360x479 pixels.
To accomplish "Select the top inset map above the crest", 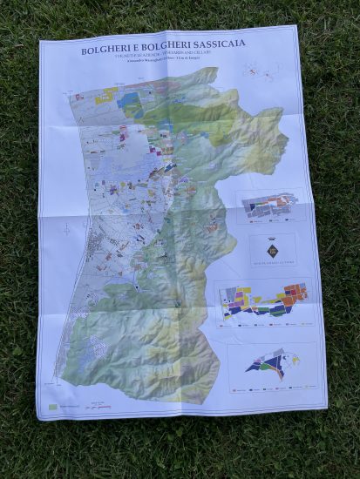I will coord(269,206).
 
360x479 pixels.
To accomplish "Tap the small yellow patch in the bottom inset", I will coord(293,358).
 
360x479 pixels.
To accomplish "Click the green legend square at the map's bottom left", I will coord(55,407).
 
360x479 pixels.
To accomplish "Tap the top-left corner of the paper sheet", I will coord(40,41).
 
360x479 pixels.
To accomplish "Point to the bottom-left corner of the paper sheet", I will coord(37,419).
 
